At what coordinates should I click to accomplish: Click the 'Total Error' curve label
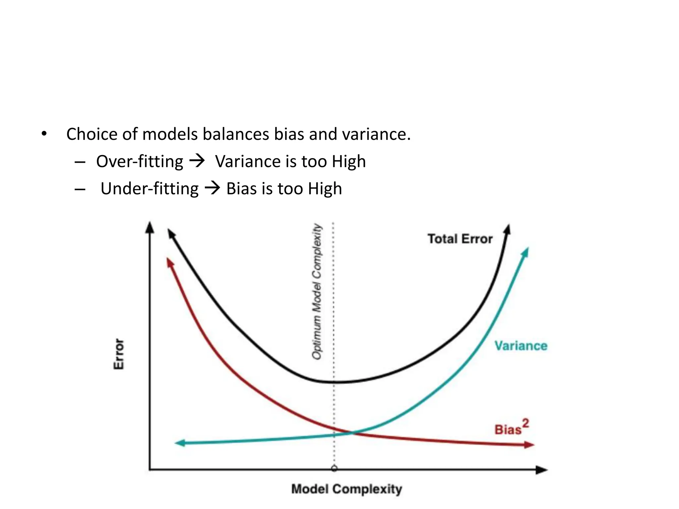(460, 239)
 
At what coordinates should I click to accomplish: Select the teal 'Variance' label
(521, 346)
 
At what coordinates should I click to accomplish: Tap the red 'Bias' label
(508, 430)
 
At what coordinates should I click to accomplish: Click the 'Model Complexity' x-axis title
(346, 489)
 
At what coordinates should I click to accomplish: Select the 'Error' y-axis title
(119, 354)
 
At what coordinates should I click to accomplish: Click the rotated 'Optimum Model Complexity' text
(317, 292)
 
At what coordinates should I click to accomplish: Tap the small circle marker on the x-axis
(334, 468)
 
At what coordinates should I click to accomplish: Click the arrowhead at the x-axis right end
(542, 470)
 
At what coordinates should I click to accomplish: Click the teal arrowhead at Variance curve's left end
(180, 443)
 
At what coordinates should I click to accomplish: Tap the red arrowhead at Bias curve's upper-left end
(170, 263)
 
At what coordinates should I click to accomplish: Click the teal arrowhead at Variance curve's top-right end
(525, 253)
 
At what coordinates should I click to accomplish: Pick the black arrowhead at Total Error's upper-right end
(508, 229)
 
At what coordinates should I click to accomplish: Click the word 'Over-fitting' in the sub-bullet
(140, 162)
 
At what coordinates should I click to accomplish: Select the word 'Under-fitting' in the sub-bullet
(150, 189)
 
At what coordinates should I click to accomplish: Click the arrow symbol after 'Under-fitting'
(212, 188)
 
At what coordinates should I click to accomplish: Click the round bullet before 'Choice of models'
(44, 134)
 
